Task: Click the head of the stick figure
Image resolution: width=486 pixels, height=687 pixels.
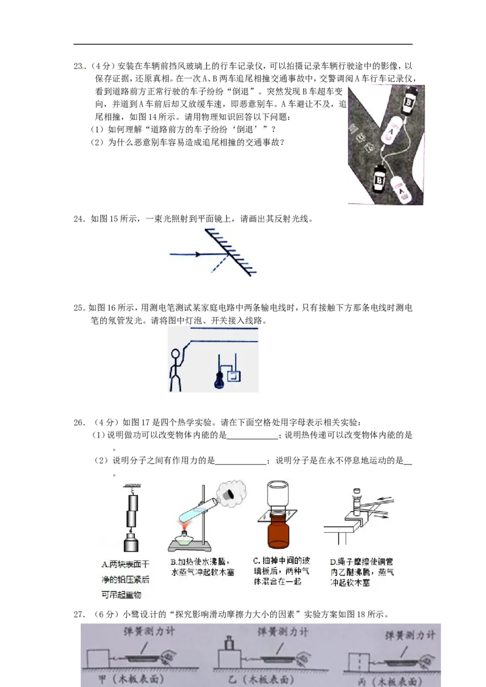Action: point(176,354)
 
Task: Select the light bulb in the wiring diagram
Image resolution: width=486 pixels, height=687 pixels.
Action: point(217,379)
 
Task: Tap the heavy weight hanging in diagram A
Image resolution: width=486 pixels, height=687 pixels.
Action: point(130,542)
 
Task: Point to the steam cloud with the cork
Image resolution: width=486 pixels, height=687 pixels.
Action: point(230,494)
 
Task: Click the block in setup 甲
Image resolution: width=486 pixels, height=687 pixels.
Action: point(98,658)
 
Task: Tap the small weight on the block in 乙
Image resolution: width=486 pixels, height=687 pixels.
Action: point(230,642)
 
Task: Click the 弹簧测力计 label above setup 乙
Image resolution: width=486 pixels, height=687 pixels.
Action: point(283,632)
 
